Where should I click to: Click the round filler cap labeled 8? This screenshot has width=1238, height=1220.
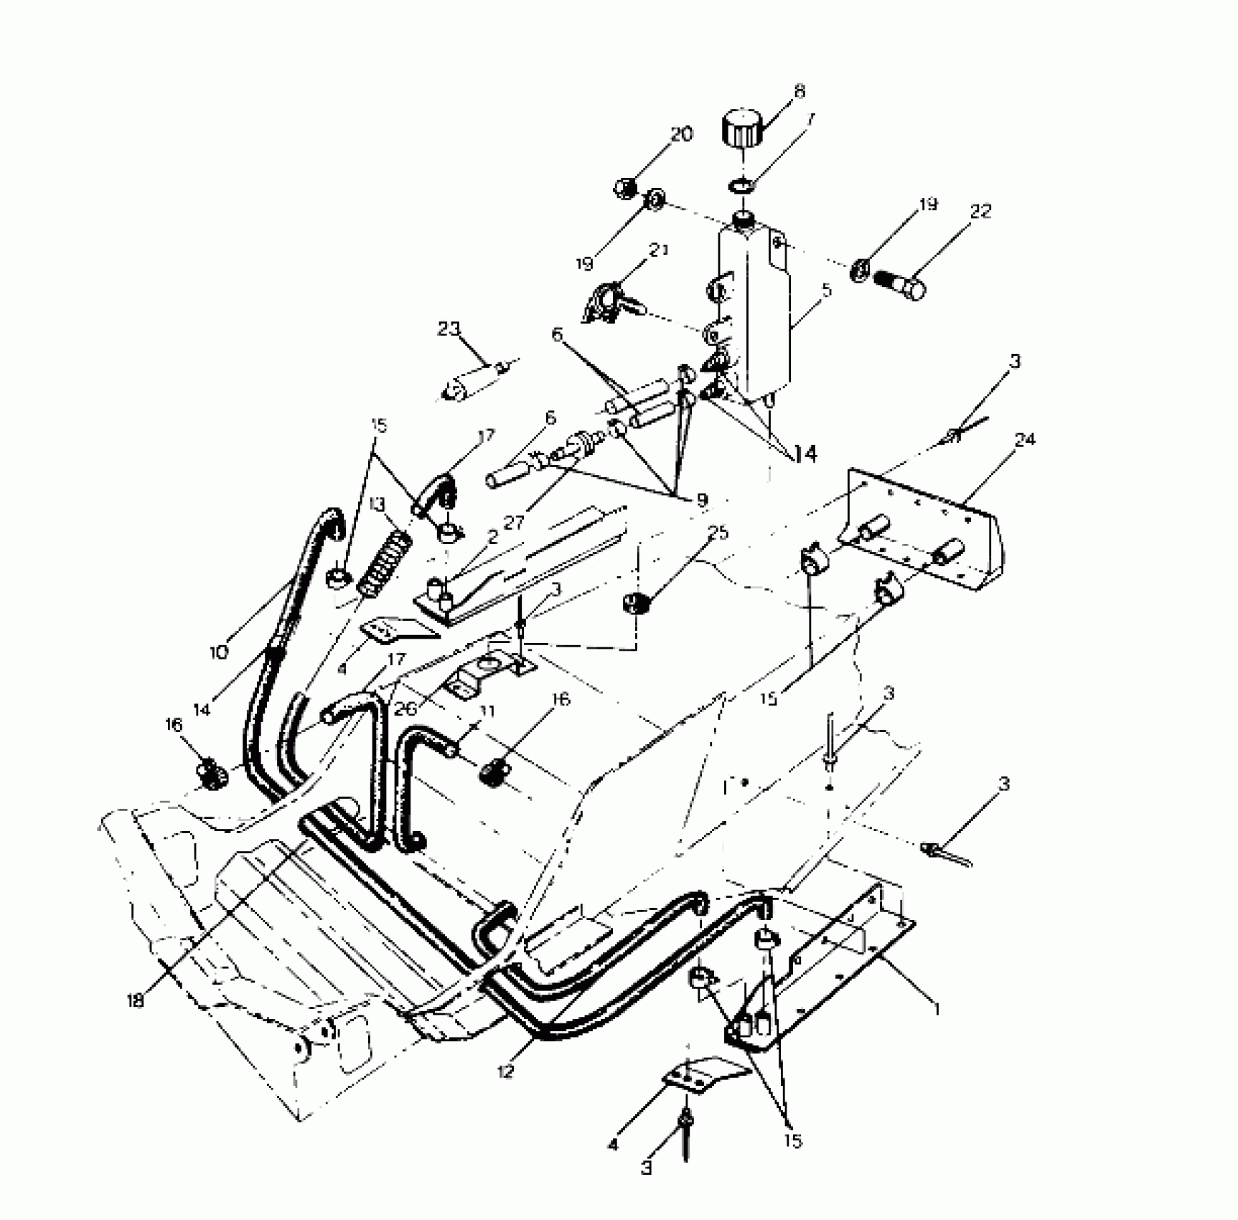click(x=741, y=128)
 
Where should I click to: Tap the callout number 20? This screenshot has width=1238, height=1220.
click(x=681, y=134)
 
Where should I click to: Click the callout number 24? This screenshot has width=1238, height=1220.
click(x=1024, y=439)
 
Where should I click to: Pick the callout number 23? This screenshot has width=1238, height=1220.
click(x=449, y=329)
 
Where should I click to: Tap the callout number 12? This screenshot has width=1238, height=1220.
click(x=505, y=1072)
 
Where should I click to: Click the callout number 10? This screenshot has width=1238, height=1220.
click(x=220, y=652)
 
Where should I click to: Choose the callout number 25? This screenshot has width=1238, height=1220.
click(x=718, y=532)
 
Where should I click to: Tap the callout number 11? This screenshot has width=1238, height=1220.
click(x=487, y=713)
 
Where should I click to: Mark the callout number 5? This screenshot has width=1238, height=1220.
click(x=827, y=290)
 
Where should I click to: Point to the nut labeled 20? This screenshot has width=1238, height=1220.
click(x=623, y=188)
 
